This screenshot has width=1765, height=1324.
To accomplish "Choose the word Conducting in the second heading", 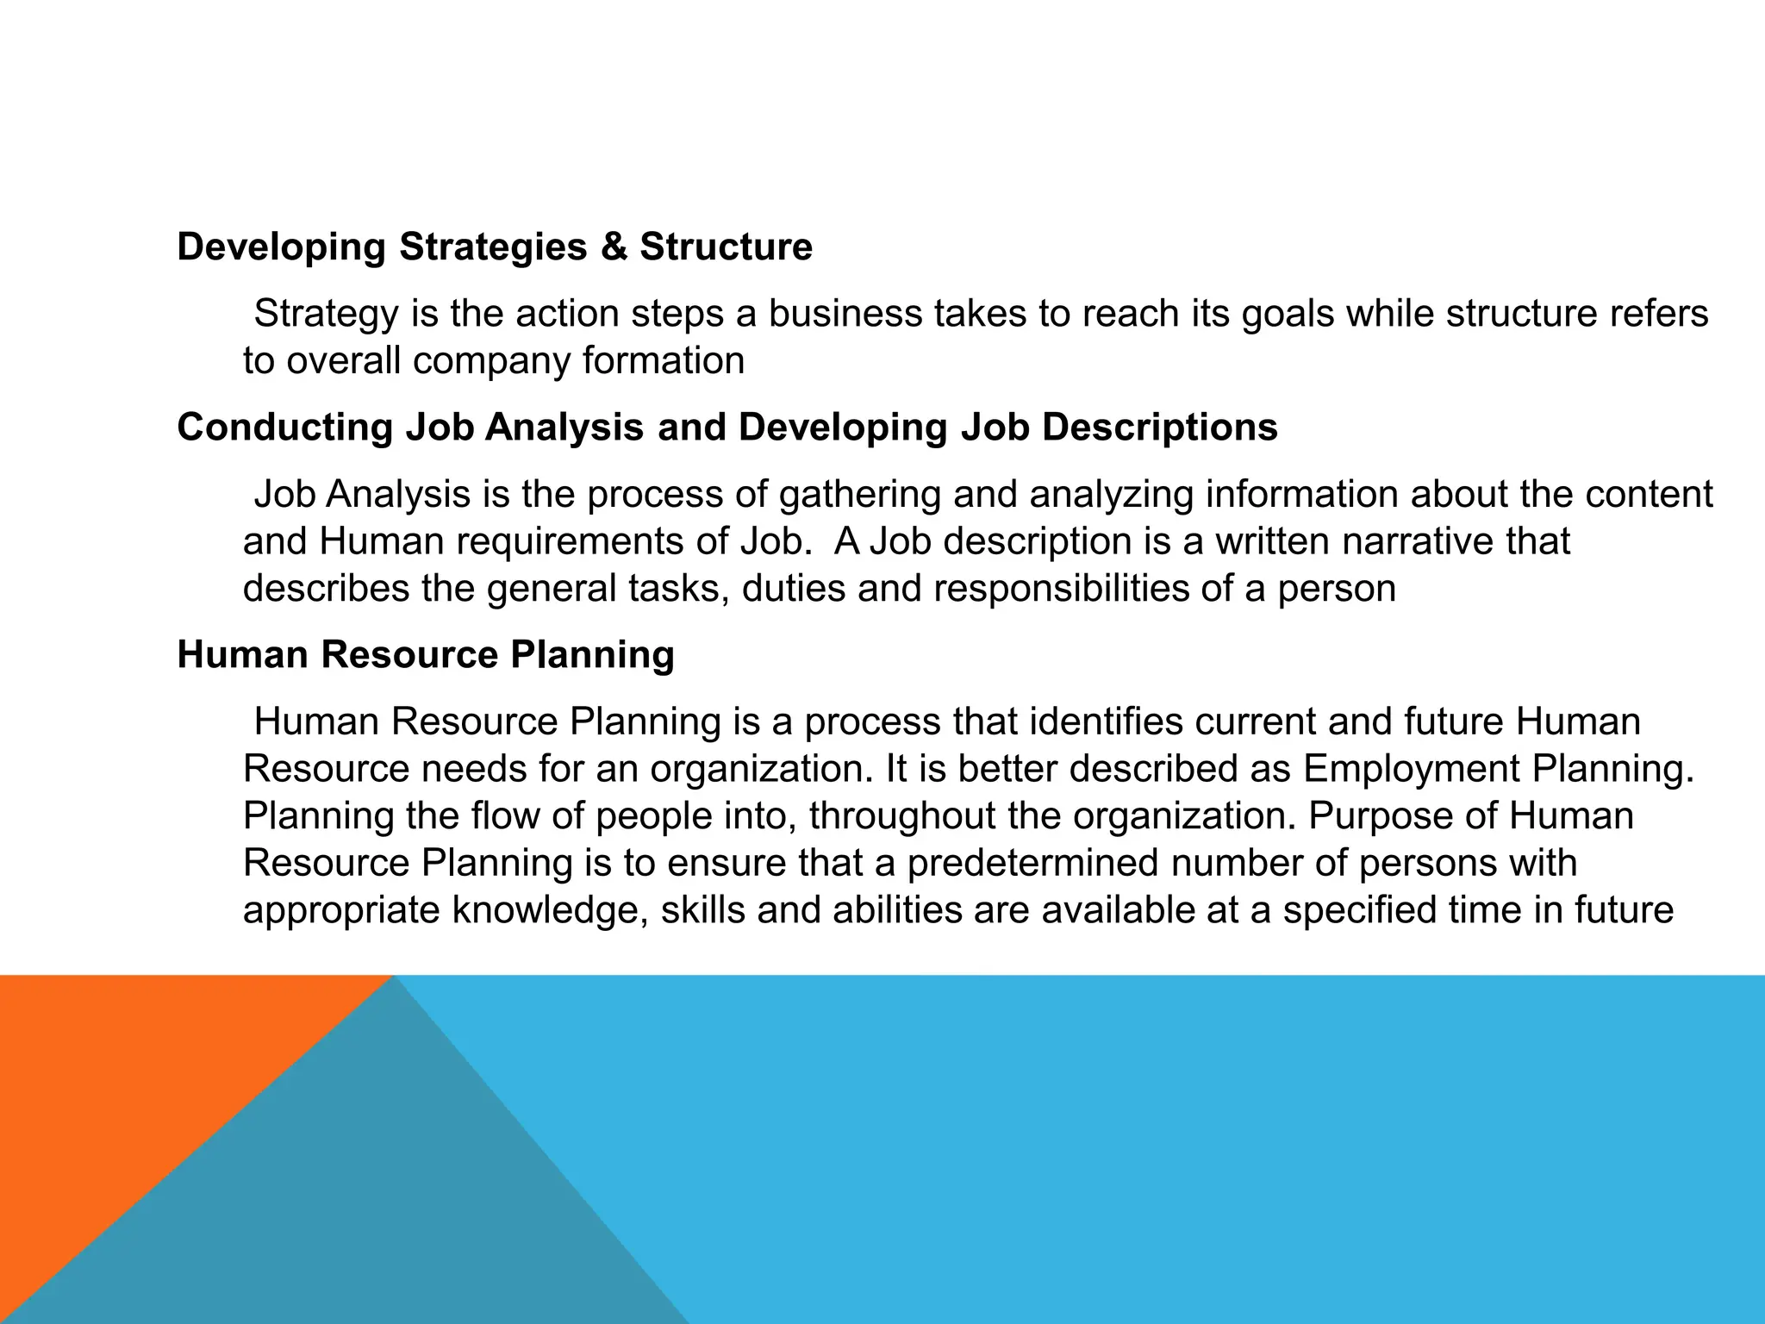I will pos(284,428).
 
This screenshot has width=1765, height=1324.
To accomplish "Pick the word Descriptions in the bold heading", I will pos(1160,428).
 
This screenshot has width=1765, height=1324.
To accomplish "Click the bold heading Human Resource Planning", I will pos(426,655).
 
